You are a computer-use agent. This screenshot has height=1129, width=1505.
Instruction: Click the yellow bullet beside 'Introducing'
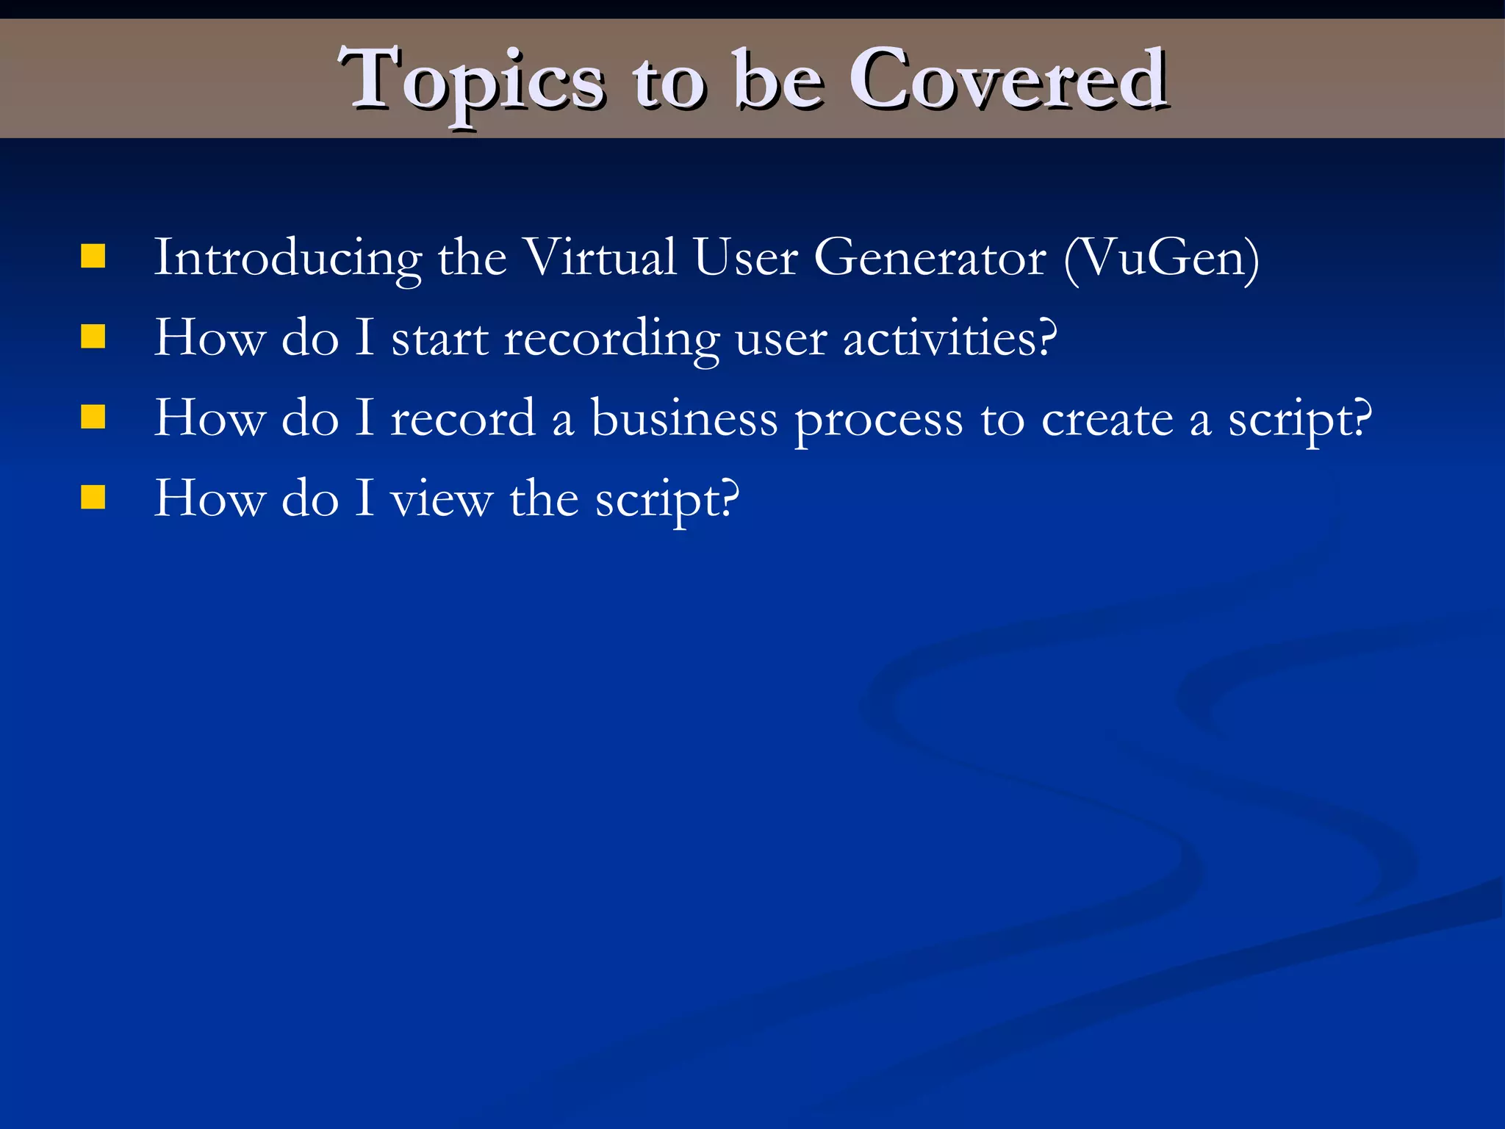point(93,257)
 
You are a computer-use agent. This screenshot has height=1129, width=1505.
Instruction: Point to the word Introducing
point(287,259)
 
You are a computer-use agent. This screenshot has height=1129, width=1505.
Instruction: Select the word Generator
point(930,259)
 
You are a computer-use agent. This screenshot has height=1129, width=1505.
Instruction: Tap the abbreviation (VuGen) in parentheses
point(1162,259)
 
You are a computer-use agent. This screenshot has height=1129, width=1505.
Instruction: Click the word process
point(879,421)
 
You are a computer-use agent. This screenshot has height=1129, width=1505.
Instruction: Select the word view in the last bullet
point(441,500)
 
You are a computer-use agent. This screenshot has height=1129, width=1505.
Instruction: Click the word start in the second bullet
point(439,340)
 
